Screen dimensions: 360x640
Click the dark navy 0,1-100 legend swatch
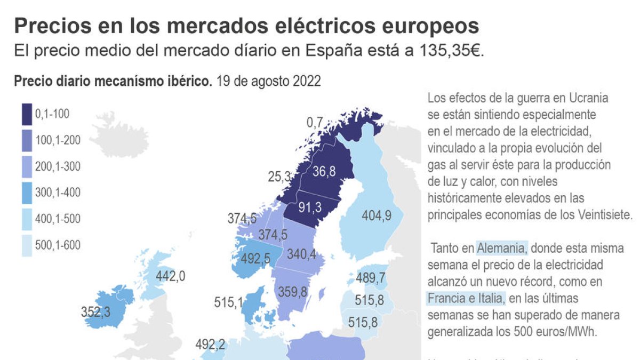pyautogui.click(x=27, y=114)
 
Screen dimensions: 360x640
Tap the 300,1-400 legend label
pyautogui.click(x=58, y=193)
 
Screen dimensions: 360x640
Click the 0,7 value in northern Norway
pyautogui.click(x=315, y=123)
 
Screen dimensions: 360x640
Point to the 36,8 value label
pyautogui.click(x=324, y=171)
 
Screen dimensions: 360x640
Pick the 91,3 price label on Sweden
pyautogui.click(x=310, y=207)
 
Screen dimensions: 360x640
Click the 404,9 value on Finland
pyautogui.click(x=377, y=215)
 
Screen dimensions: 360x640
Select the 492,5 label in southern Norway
pyautogui.click(x=255, y=258)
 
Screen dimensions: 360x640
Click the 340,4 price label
pyautogui.click(x=301, y=254)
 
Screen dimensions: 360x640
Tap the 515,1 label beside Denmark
pyautogui.click(x=228, y=302)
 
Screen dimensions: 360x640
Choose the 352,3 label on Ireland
pyautogui.click(x=96, y=311)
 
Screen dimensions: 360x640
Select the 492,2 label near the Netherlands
pyautogui.click(x=210, y=345)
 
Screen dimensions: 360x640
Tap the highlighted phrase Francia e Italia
pyautogui.click(x=465, y=298)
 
